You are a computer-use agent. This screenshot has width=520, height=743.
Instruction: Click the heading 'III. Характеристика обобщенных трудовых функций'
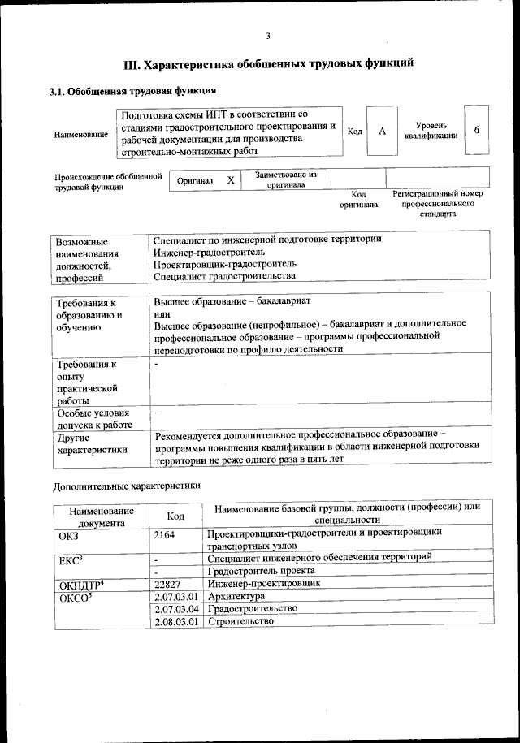pos(268,63)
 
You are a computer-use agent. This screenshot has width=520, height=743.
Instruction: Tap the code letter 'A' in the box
pos(382,132)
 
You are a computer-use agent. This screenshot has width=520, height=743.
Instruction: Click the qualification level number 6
pos(477,131)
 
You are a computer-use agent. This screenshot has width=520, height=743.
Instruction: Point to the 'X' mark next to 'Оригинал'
pos(231,180)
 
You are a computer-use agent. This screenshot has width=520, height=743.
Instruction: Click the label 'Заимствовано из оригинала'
pos(285,179)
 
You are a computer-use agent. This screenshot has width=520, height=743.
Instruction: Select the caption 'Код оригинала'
pos(358,200)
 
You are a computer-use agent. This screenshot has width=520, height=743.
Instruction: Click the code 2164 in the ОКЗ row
pos(165,535)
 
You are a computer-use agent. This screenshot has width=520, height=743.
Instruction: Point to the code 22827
pos(168,583)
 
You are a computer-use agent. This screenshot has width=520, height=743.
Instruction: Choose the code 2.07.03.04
pos(176,608)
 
